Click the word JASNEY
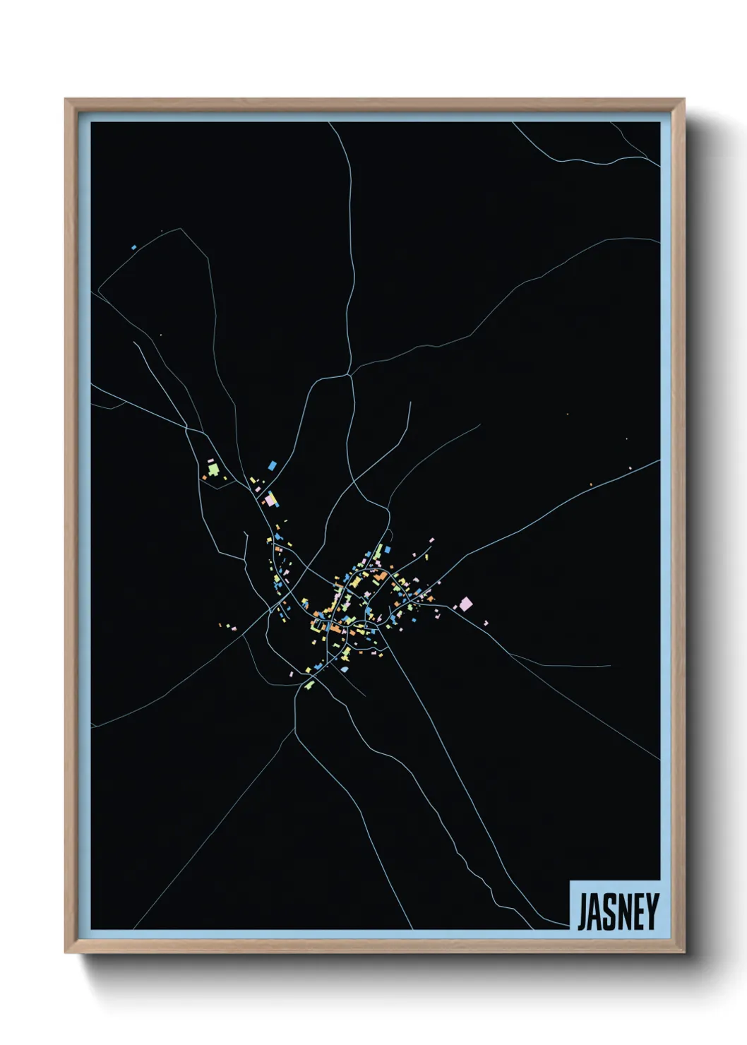618,912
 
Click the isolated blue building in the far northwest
133,247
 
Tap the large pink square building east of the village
465,604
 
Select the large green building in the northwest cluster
213,468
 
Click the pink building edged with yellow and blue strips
270,500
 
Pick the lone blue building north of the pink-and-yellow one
273,465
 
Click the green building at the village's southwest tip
309,684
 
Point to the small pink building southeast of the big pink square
486,622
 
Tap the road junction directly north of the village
350,375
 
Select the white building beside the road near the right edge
630,467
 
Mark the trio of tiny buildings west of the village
228,626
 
